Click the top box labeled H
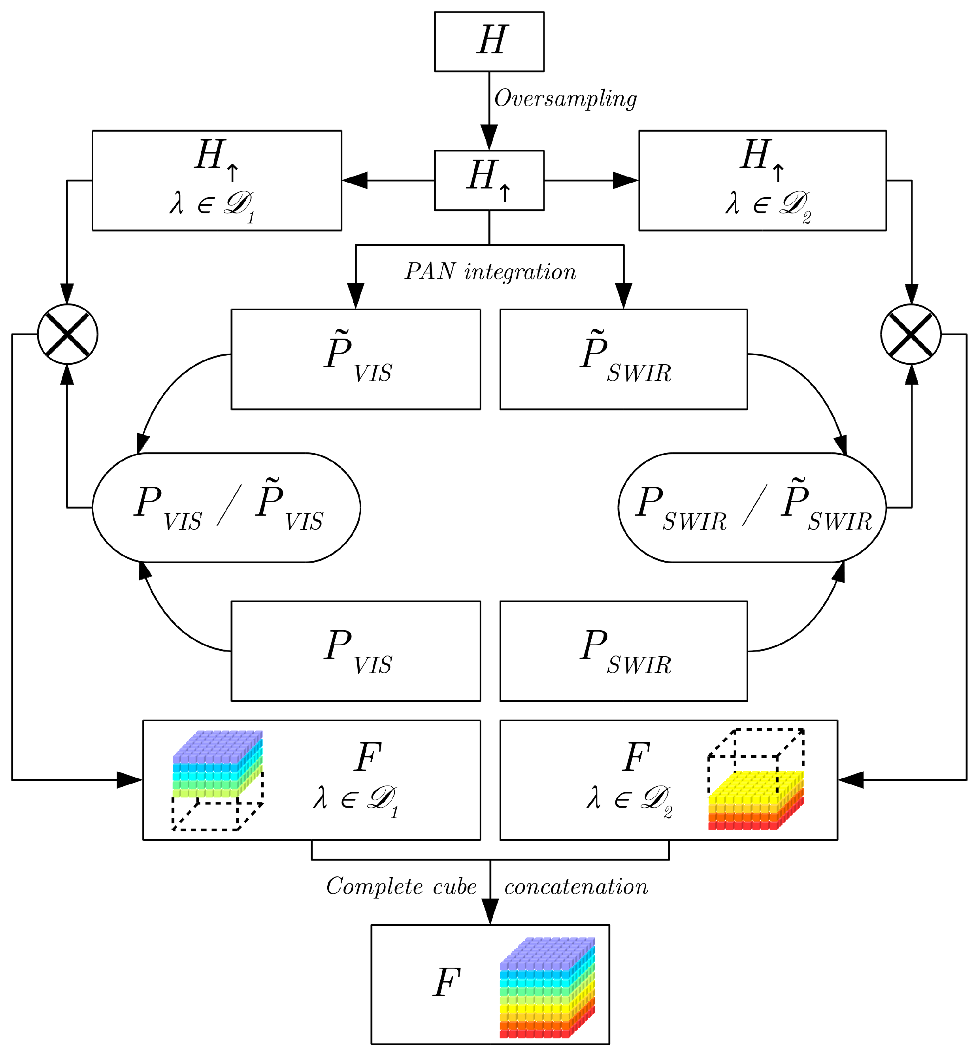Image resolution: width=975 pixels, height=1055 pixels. [x=489, y=41]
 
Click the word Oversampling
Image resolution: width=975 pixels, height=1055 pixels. [x=565, y=99]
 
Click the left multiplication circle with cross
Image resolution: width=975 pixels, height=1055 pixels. [x=68, y=334]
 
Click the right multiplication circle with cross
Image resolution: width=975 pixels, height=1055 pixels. [x=911, y=334]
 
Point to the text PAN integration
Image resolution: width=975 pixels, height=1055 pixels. [x=490, y=272]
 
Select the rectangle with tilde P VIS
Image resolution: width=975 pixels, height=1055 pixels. [x=356, y=359]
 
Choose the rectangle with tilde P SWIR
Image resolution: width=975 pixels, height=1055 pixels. [x=623, y=359]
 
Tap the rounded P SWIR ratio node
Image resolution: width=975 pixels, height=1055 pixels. [x=752, y=507]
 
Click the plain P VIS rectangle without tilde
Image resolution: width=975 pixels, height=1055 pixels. [x=356, y=650]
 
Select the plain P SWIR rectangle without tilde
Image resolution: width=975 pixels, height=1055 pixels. [x=623, y=650]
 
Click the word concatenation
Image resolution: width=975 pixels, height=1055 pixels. [x=575, y=887]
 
